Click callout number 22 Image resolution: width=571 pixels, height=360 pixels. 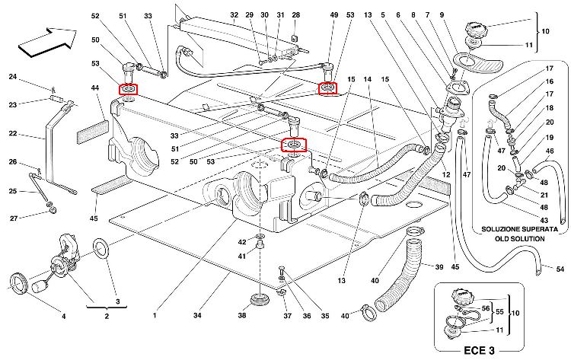(12, 134)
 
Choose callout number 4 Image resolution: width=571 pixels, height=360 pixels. (63, 316)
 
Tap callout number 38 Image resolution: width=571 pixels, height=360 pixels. (242, 316)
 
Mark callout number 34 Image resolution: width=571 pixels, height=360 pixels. (197, 316)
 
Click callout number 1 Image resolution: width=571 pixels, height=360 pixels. (154, 316)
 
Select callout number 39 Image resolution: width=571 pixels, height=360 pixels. (439, 267)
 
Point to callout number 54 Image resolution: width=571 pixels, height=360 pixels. (560, 270)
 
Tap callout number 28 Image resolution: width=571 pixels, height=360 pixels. (295, 15)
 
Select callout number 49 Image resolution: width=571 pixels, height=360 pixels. (333, 15)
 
